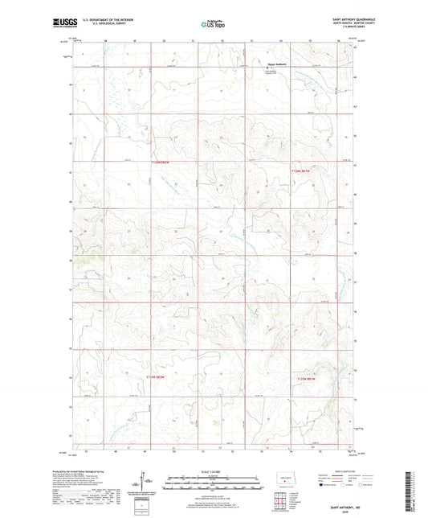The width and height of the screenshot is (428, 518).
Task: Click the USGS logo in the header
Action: pos(61,24)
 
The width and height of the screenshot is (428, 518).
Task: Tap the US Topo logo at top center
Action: pos(210,25)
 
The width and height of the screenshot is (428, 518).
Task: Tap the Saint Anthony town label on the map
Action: pos(277,66)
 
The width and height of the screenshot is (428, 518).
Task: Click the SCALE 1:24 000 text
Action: pos(212,471)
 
